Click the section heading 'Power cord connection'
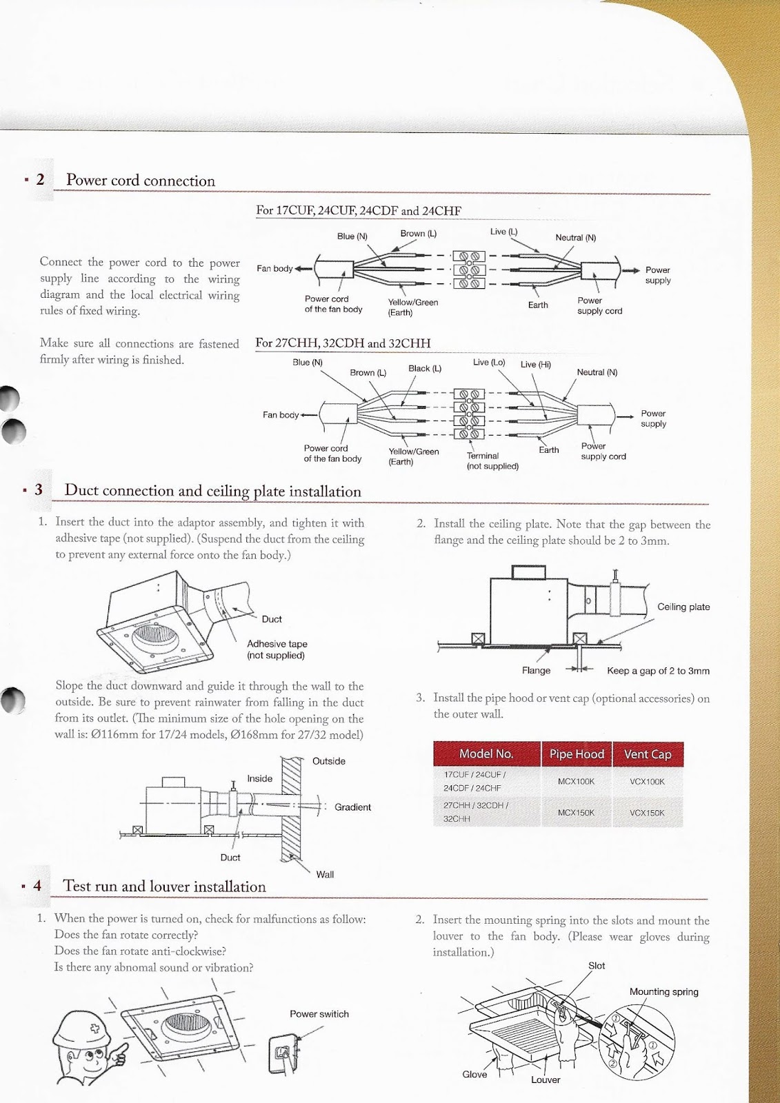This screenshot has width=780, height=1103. click(141, 181)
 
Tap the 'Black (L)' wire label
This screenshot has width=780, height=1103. click(425, 369)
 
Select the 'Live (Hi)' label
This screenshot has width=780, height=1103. click(536, 365)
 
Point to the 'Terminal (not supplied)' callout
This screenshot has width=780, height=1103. click(492, 461)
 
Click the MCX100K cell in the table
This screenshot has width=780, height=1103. click(576, 781)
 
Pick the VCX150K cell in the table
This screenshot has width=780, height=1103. click(647, 813)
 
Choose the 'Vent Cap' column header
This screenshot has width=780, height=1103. click(647, 754)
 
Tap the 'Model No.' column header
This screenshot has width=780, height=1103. click(486, 754)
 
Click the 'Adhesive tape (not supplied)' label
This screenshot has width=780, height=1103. click(277, 649)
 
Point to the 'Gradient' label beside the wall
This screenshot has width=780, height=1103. click(352, 807)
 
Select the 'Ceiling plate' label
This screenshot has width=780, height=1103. click(683, 607)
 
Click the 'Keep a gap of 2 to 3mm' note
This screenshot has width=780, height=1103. click(658, 671)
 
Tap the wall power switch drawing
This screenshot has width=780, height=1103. click(283, 1053)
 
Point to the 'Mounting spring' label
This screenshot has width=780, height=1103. click(663, 992)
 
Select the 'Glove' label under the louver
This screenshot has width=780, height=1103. click(474, 1074)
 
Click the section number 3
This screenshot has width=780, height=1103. click(39, 489)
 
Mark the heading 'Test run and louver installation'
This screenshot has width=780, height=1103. click(164, 887)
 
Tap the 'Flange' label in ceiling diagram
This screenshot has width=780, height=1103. click(536, 671)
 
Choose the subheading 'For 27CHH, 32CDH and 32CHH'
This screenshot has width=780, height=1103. click(343, 343)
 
